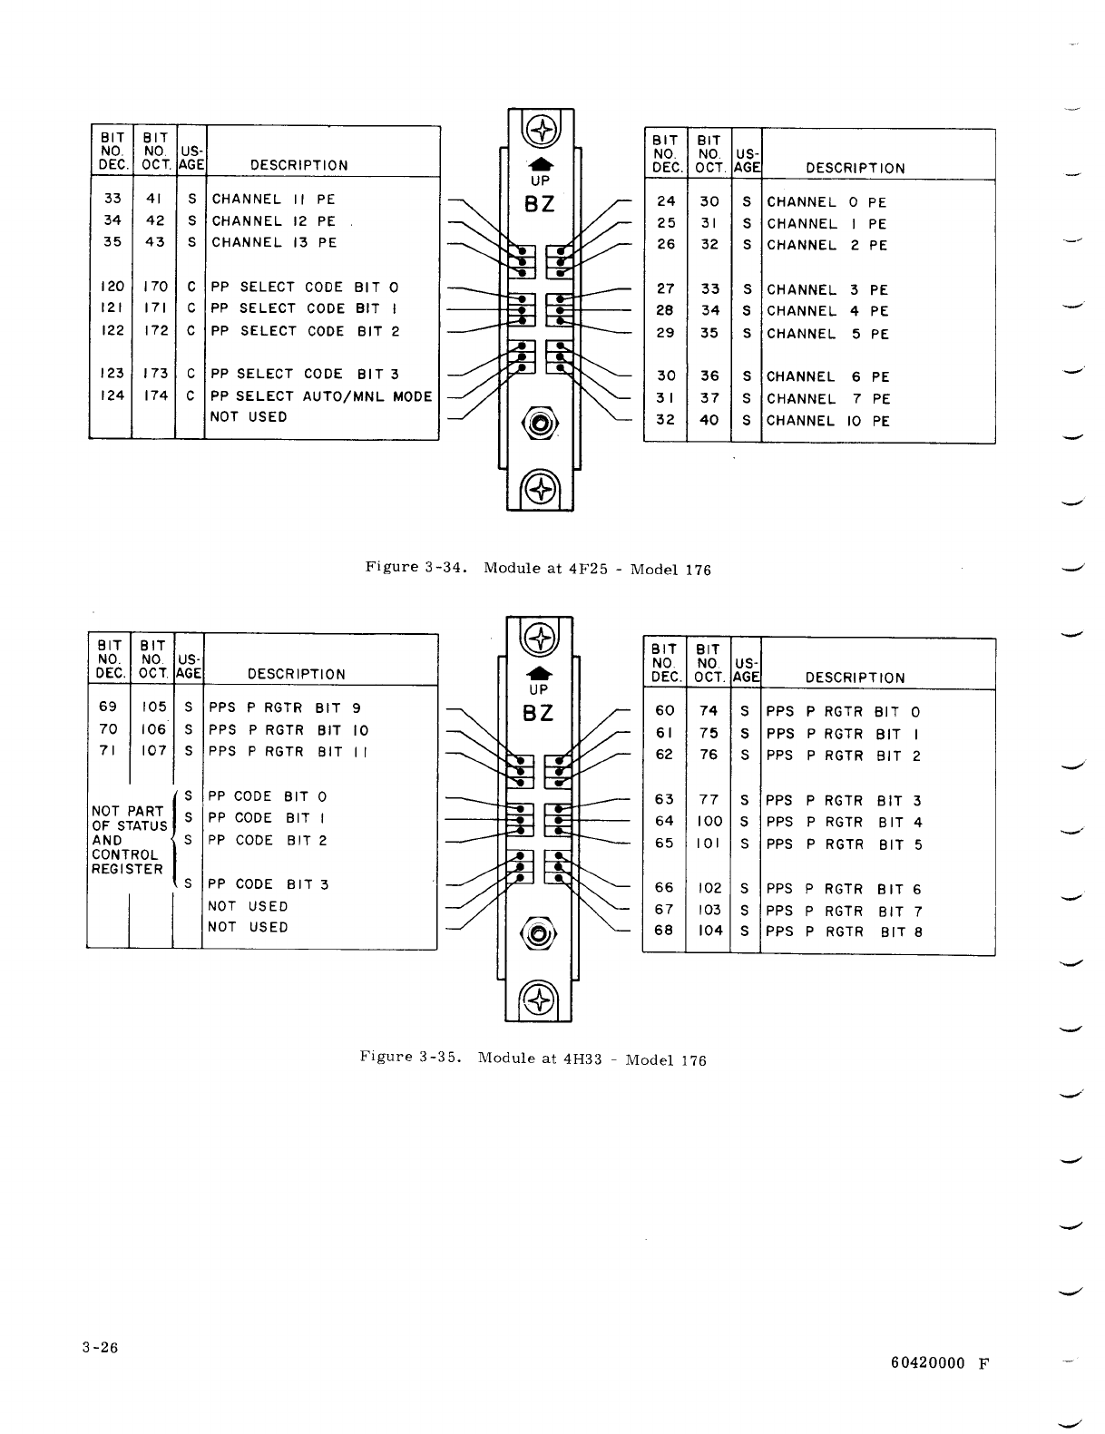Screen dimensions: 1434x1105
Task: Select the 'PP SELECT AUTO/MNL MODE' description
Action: click(x=321, y=396)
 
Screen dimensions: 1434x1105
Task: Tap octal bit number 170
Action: click(x=156, y=287)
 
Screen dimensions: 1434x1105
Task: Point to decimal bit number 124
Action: click(x=112, y=395)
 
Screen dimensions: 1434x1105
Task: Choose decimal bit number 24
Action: click(x=665, y=202)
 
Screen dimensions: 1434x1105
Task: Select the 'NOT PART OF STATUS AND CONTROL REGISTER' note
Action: click(x=128, y=840)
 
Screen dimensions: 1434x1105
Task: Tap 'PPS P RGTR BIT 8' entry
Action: click(x=844, y=932)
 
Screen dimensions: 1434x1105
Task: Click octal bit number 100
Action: click(x=709, y=822)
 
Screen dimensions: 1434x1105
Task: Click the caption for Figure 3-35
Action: click(x=533, y=1058)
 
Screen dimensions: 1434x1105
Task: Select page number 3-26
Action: click(x=98, y=1347)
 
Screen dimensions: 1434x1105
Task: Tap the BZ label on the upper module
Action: click(x=540, y=204)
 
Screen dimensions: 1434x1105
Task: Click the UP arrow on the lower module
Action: click(x=539, y=673)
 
